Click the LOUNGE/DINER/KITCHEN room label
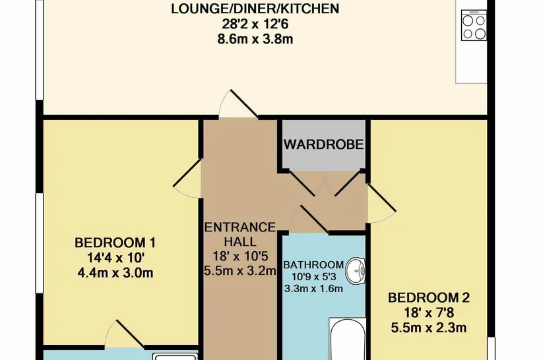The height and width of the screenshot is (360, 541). [x=255, y=9]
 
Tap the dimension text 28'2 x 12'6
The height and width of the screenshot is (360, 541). [x=255, y=24]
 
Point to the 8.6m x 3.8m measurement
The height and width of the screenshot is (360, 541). [x=255, y=39]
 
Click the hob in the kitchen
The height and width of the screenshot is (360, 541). [x=474, y=25]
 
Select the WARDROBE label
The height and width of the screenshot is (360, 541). [x=324, y=144]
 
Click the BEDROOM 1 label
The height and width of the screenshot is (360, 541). [x=115, y=243]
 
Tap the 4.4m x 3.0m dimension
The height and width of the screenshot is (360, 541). [x=115, y=273]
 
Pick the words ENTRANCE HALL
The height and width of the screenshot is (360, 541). [x=240, y=234]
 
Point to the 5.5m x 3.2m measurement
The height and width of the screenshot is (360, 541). [x=240, y=271]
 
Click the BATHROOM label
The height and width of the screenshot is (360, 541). [x=313, y=265]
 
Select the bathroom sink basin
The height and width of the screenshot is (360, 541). [x=356, y=271]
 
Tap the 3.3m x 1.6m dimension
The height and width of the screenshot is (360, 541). [x=313, y=288]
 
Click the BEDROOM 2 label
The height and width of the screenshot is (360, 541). [x=429, y=297]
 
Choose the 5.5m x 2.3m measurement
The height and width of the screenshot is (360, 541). [x=429, y=327]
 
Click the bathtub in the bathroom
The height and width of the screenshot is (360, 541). [x=348, y=340]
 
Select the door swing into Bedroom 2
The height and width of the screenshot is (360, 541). [x=381, y=204]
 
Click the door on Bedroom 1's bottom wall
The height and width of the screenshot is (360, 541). [x=124, y=334]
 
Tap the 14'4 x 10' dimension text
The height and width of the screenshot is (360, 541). [x=115, y=258]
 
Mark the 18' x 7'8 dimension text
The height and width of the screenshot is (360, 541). [x=429, y=313]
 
